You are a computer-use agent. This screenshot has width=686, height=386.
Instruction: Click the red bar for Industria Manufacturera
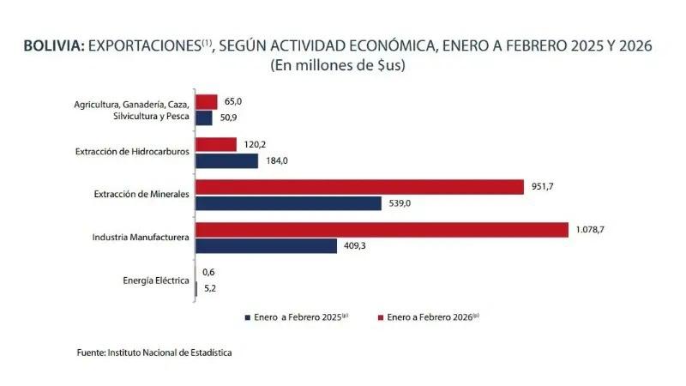382,230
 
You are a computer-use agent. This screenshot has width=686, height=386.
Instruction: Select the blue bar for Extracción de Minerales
288,203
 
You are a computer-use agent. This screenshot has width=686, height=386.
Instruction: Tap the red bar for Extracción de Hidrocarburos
216,144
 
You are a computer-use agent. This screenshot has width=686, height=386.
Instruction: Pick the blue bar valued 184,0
226,160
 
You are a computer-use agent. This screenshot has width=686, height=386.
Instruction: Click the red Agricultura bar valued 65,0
207,102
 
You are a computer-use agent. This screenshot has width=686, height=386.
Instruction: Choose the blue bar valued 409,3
266,246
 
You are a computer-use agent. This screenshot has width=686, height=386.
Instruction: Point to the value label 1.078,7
592,230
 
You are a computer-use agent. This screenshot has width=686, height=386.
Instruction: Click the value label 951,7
543,187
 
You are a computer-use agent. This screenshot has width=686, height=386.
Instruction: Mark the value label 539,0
400,203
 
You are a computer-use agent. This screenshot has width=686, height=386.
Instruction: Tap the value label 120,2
256,144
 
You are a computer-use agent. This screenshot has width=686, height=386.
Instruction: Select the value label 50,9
232,118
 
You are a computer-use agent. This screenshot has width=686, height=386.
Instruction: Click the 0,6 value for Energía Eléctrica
208,272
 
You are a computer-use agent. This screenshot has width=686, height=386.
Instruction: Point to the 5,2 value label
208,288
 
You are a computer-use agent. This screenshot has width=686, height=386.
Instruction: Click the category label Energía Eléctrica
156,280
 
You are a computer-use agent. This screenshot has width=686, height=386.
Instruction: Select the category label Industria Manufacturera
141,237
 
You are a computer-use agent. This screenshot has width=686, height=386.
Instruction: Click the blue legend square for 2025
246,317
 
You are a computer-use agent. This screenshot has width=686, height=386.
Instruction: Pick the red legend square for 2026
380,317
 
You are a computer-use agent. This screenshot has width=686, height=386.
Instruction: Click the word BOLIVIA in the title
53,47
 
